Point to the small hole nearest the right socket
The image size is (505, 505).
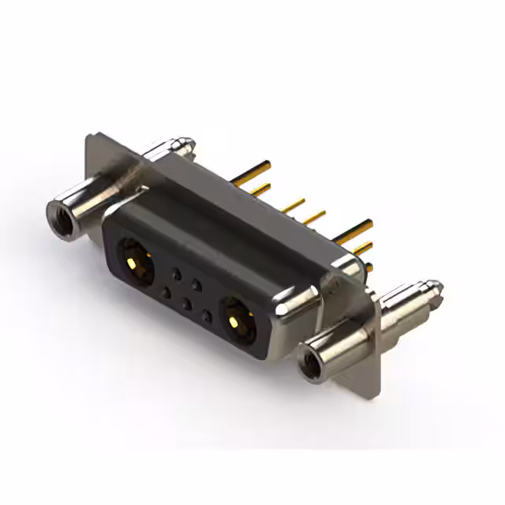click(207, 316)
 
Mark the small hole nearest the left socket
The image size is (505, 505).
click(166, 293)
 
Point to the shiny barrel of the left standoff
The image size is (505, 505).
click(87, 200)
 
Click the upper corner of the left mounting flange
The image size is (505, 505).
click(92, 139)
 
